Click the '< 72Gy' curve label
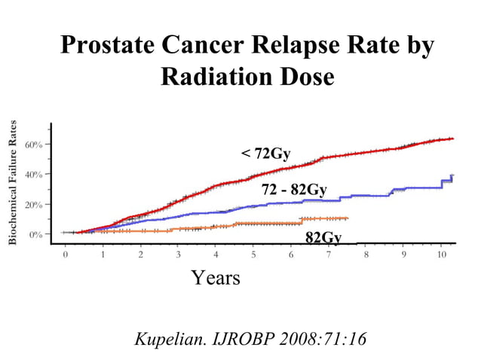[265, 154]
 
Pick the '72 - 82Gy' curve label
[293, 189]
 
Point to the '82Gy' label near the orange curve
[323, 238]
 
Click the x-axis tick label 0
[65, 255]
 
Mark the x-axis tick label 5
[253, 255]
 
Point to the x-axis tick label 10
[441, 255]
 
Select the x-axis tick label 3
[178, 255]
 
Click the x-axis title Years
[216, 278]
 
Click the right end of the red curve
[452, 139]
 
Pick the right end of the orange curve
[348, 218]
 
